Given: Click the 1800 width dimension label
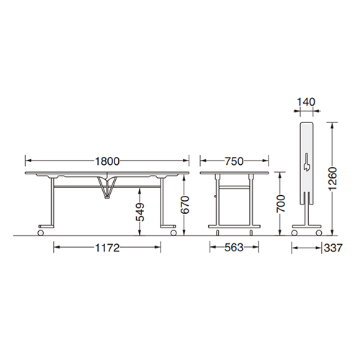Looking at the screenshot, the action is (107, 161).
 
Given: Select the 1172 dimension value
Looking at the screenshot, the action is (107, 248).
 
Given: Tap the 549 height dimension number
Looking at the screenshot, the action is (140, 212).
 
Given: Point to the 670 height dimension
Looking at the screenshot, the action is (185, 204).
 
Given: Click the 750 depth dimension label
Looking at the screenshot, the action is (234, 161).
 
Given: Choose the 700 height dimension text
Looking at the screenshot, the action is (281, 204).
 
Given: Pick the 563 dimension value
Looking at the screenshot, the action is (234, 248).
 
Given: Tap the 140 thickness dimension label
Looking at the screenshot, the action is (306, 102).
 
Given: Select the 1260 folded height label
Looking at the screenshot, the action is (333, 179).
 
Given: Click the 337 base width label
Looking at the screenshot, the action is (333, 248).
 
